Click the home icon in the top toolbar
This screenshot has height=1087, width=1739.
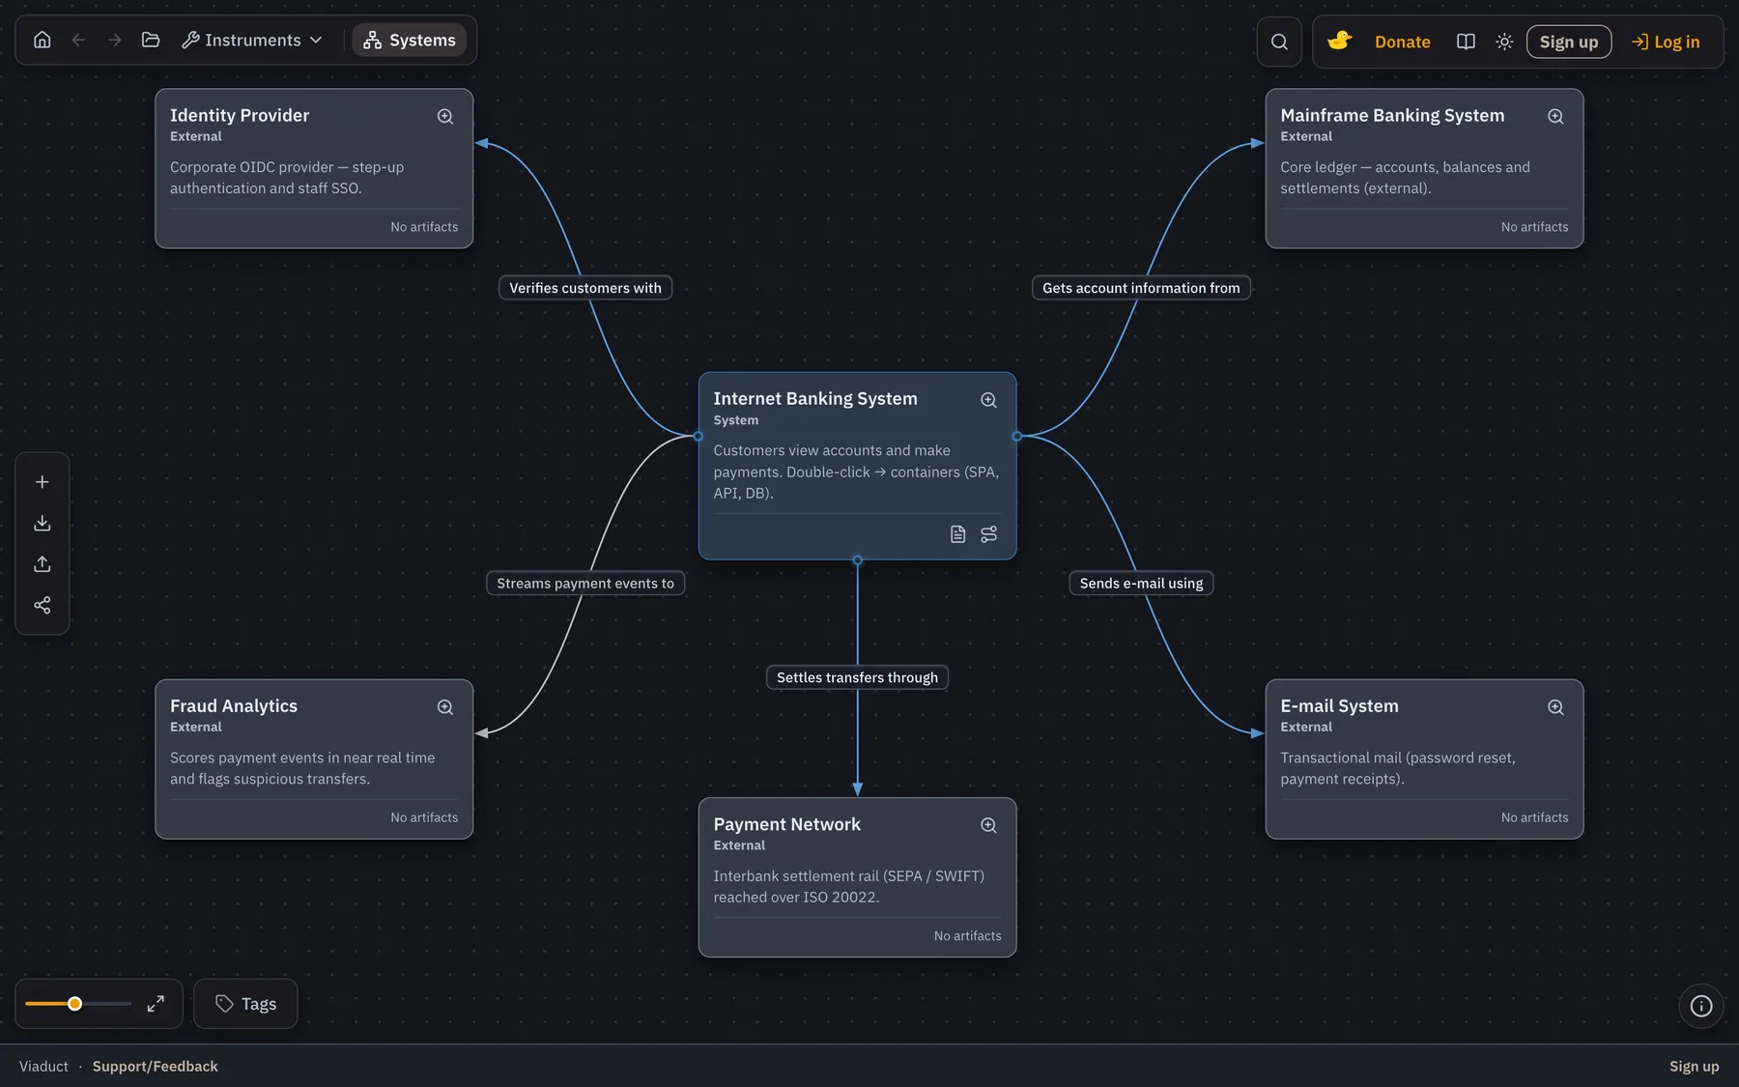[x=43, y=40]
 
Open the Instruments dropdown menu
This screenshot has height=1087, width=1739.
[x=252, y=40]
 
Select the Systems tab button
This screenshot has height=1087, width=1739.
[x=410, y=40]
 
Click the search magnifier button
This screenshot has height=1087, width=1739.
[x=1279, y=42]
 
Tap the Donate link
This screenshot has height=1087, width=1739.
[x=1402, y=42]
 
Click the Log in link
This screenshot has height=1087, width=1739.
[x=1666, y=42]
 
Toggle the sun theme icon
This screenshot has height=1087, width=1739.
[x=1504, y=42]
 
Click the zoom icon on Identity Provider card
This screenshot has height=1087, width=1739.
[x=445, y=116]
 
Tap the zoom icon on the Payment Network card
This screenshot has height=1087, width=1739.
[x=988, y=825]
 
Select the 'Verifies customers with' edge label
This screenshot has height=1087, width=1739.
[x=585, y=288]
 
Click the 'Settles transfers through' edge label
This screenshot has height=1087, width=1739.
[x=857, y=677]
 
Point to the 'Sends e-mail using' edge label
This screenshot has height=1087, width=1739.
[x=1141, y=584]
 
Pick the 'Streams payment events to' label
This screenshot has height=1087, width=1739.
[x=585, y=584]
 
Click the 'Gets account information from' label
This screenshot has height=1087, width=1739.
[x=1141, y=288]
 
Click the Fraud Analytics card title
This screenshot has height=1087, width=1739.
[x=234, y=706]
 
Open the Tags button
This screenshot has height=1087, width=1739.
[x=245, y=1004]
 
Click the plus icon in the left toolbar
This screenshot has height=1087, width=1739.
[x=43, y=482]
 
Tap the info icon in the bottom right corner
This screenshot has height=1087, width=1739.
[x=1701, y=1006]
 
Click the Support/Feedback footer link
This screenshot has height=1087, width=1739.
[x=156, y=1067]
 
